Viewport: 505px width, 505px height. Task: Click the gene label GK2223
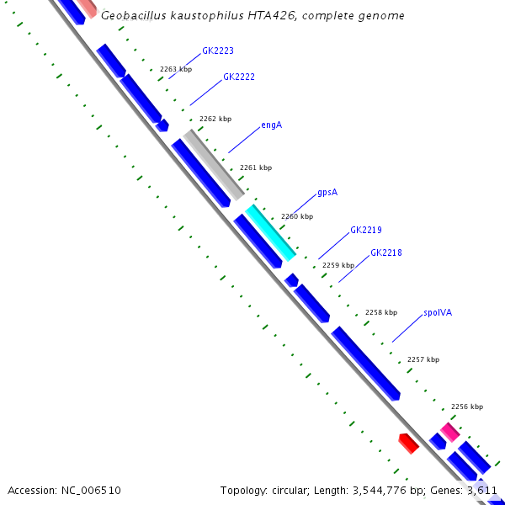point(218,51)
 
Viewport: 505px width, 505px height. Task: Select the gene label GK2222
point(239,77)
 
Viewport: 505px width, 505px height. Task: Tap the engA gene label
point(271,125)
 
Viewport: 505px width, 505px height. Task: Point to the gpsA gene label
point(327,193)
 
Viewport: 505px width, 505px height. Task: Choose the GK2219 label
point(366,230)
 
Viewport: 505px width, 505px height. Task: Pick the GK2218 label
point(386,253)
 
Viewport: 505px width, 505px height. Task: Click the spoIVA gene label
point(438,312)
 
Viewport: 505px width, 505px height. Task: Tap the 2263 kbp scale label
point(176,69)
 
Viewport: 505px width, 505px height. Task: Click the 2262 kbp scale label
point(215,120)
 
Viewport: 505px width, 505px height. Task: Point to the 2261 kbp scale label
point(256,168)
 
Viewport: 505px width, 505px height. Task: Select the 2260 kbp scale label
point(296,217)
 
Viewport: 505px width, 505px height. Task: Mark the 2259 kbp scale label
point(338,265)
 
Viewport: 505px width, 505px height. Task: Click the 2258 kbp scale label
point(380,312)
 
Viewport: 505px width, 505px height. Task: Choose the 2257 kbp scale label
point(423,359)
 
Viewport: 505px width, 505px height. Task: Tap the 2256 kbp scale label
point(467,407)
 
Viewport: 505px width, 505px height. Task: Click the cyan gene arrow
point(270,232)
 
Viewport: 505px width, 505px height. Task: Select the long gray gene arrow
point(214,164)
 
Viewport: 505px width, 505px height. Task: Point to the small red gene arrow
point(408,443)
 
